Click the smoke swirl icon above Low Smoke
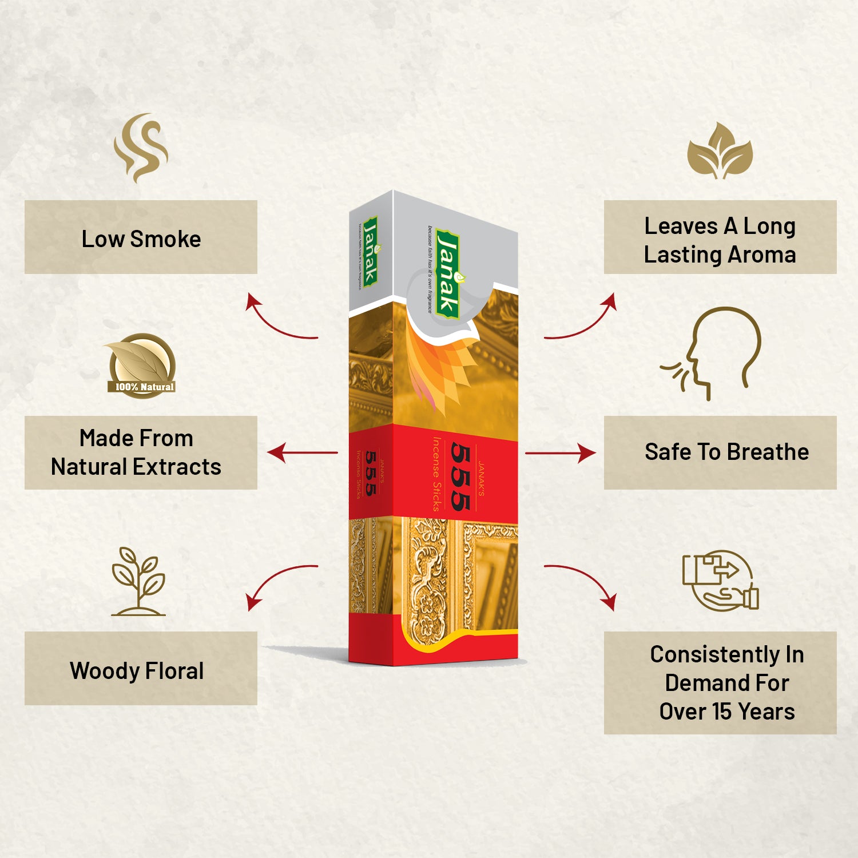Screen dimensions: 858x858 point(141,148)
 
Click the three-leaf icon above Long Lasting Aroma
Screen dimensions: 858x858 point(720,151)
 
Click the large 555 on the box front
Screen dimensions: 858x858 point(460,476)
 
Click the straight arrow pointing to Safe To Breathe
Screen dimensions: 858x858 point(559,453)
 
